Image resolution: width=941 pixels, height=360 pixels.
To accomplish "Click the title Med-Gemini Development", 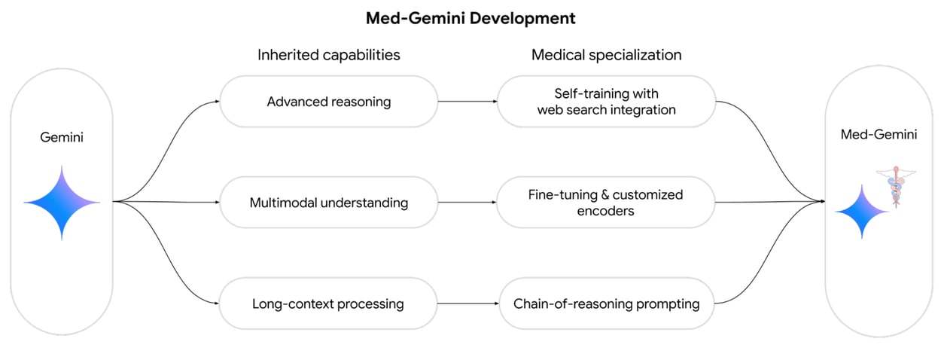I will tap(470, 18).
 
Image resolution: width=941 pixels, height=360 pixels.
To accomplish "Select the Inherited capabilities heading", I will tap(328, 55).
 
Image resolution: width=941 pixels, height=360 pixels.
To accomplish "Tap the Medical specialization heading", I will tap(606, 55).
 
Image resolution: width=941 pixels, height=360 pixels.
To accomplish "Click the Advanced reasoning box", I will tap(328, 101).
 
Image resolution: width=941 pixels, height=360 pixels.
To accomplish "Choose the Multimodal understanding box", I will tap(328, 203).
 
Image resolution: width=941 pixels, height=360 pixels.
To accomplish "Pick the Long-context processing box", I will tap(328, 304).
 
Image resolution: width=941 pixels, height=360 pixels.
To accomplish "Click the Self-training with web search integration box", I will tap(606, 101).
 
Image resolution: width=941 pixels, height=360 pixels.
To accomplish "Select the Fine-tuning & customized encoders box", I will tap(606, 203).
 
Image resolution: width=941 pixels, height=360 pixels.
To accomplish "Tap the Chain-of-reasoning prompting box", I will tap(606, 304).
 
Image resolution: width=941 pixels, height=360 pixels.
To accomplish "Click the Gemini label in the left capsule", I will tap(61, 139).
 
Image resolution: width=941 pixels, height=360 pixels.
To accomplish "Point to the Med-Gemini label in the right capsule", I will tap(879, 135).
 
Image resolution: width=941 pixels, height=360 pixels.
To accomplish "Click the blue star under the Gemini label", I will tap(61, 203).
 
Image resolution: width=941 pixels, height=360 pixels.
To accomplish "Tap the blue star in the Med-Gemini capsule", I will tap(861, 212).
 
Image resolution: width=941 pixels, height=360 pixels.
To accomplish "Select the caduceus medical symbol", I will tap(896, 187).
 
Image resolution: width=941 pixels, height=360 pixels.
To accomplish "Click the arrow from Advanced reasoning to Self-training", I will tap(467, 101).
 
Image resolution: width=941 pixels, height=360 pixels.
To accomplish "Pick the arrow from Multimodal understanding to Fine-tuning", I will tap(467, 203).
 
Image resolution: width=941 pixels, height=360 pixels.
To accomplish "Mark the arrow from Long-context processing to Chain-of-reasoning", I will tap(467, 304).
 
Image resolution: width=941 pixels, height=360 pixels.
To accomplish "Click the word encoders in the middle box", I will tap(606, 211).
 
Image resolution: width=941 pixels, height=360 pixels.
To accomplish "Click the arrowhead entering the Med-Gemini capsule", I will tap(821, 202).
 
